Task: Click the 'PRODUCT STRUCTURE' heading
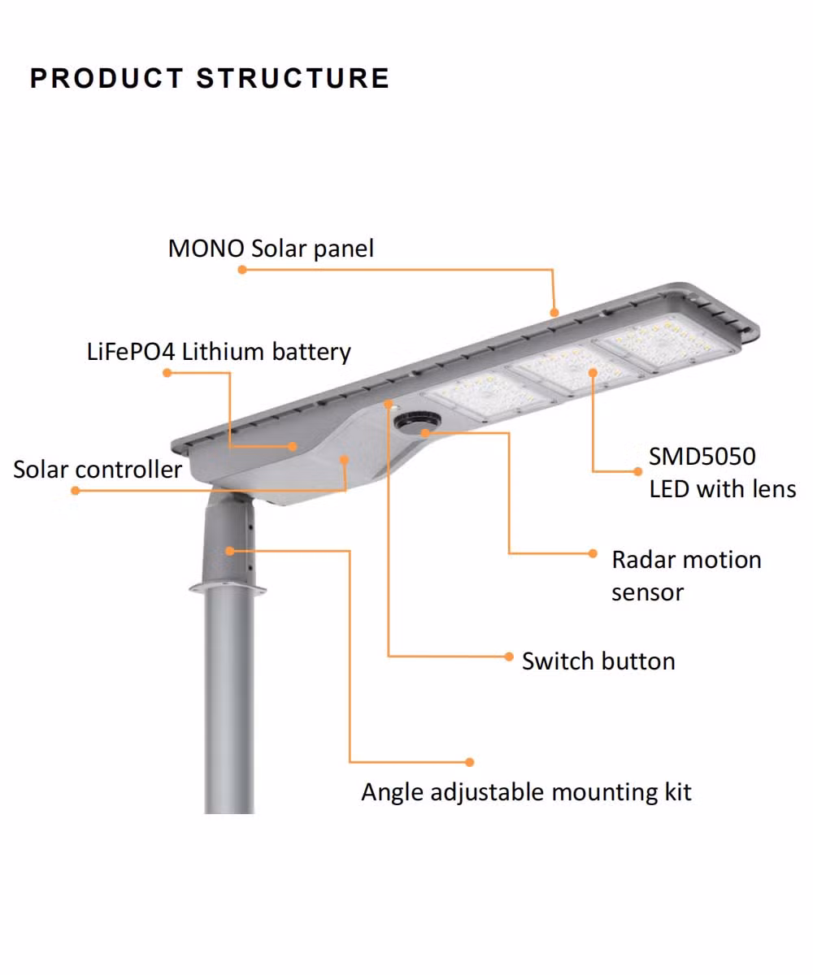click(210, 77)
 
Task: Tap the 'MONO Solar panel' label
click(271, 248)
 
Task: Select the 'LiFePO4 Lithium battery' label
click(219, 352)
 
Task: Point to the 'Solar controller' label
click(98, 470)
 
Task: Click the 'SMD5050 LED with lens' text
click(723, 473)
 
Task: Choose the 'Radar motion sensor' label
click(686, 576)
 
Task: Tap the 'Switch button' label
click(598, 661)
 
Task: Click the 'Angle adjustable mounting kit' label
click(526, 793)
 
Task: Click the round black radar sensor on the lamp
click(417, 421)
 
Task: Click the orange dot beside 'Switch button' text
click(509, 656)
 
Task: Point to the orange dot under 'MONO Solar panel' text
click(242, 270)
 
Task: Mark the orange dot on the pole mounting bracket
click(229, 551)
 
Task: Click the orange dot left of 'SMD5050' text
click(637, 471)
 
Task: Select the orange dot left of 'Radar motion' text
click(593, 553)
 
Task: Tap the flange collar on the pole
click(228, 587)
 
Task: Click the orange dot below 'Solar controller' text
click(76, 490)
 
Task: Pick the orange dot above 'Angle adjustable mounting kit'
click(470, 762)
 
